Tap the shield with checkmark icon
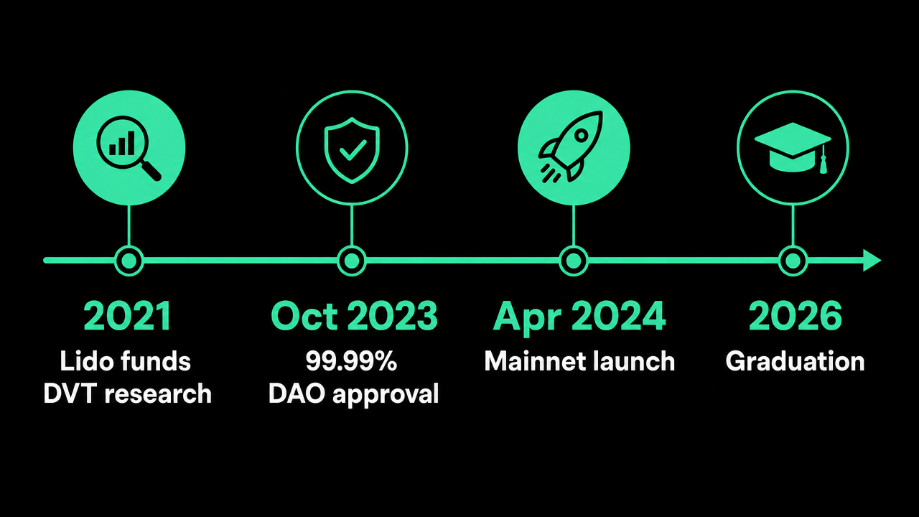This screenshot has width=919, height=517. point(352,150)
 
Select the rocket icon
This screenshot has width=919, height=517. point(571,146)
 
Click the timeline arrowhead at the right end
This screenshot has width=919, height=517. point(872,260)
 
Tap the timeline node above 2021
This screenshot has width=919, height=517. point(129,261)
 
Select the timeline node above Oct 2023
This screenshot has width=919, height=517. point(352,261)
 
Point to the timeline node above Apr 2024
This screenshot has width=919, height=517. point(573,261)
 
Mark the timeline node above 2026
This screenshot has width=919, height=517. point(793,261)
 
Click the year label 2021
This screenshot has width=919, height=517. point(128,315)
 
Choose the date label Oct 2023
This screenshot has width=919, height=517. point(354,315)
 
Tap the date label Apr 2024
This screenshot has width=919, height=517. point(579,317)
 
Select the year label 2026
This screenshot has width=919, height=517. point(795,315)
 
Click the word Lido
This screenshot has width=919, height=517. point(87,361)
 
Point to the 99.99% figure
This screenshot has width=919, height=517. point(351,361)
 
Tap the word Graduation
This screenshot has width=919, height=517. point(795,361)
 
